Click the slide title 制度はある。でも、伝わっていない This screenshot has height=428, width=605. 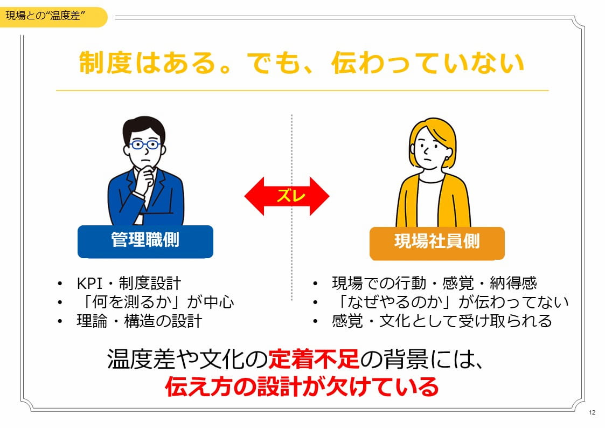[x=302, y=63]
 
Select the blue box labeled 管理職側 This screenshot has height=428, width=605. [x=145, y=241]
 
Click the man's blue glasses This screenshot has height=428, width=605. [x=144, y=144]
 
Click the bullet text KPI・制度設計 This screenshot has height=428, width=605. [x=129, y=284]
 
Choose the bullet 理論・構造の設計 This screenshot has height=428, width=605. [x=139, y=321]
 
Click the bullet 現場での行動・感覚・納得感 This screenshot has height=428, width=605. [x=434, y=284]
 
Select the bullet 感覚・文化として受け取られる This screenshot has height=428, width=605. [x=442, y=321]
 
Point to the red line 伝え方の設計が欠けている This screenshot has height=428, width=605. [x=302, y=387]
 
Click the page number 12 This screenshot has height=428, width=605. [x=592, y=413]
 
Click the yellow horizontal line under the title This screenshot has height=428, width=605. [x=302, y=91]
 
